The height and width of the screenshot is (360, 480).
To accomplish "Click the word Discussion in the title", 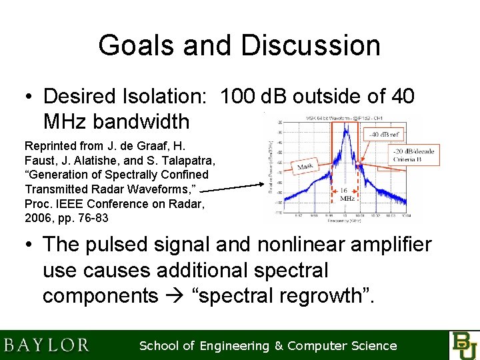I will click(311, 46).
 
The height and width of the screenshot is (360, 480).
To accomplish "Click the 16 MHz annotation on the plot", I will click(347, 194).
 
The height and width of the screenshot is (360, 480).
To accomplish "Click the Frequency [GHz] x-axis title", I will click(344, 221).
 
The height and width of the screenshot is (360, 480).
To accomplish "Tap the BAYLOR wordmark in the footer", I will click(47, 345).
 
